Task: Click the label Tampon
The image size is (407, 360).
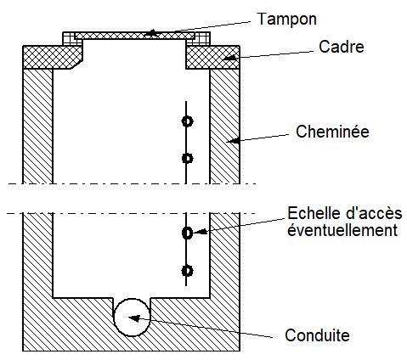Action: pyautogui.click(x=286, y=20)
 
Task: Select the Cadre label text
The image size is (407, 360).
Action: pyautogui.click(x=342, y=47)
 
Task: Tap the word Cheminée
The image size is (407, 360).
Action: pyautogui.click(x=332, y=132)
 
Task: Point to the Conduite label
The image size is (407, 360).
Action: pyautogui.click(x=317, y=335)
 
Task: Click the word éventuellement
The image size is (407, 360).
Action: pyautogui.click(x=342, y=230)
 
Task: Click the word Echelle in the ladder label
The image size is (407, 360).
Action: pyautogui.click(x=312, y=213)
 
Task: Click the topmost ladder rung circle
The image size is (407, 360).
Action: pyautogui.click(x=187, y=121)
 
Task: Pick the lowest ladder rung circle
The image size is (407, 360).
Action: pyautogui.click(x=187, y=271)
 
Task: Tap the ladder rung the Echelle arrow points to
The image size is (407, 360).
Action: pyautogui.click(x=187, y=233)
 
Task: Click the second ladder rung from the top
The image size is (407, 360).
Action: pyautogui.click(x=187, y=158)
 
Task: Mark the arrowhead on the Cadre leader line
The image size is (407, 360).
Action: pyautogui.click(x=229, y=58)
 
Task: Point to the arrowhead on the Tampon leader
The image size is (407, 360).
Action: pyautogui.click(x=151, y=33)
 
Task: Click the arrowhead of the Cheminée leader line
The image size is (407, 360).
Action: pyautogui.click(x=233, y=140)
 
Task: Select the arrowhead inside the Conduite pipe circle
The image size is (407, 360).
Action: pyautogui.click(x=134, y=318)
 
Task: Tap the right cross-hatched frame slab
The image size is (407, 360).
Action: pyautogui.click(x=213, y=57)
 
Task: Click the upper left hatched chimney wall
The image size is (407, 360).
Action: pyautogui.click(x=37, y=127)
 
